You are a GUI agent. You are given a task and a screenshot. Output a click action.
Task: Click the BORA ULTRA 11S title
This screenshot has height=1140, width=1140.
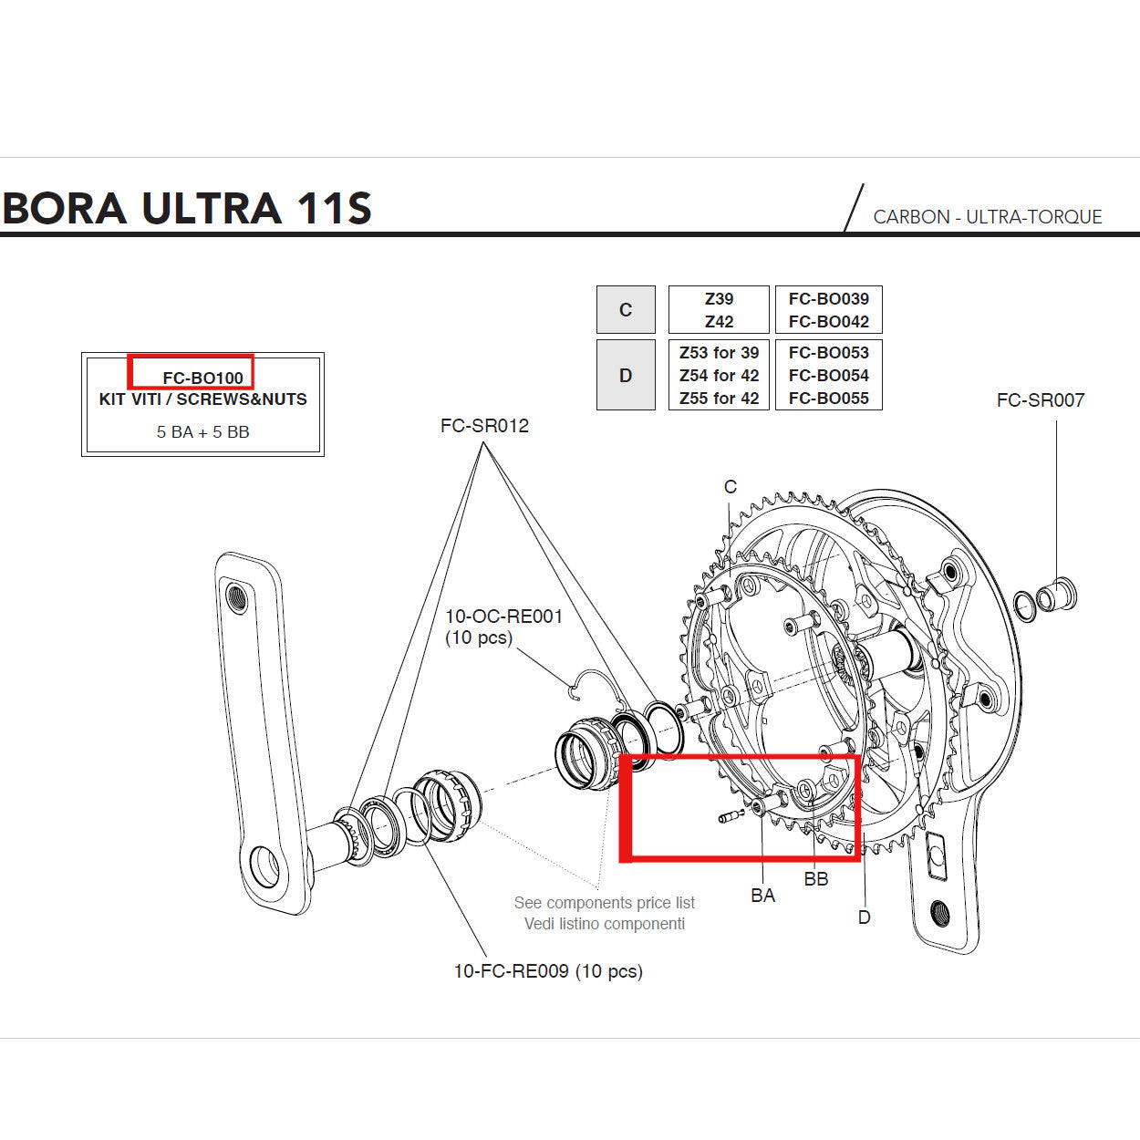(x=187, y=208)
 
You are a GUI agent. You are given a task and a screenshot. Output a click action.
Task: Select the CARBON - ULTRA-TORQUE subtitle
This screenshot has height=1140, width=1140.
(x=987, y=217)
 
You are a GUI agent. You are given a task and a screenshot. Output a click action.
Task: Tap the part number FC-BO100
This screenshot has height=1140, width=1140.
(x=202, y=378)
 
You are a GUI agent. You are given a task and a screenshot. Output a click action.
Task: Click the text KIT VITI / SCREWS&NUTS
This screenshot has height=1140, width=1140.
(x=202, y=399)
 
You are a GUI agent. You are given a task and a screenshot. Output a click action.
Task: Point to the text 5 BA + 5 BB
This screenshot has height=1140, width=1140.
(x=202, y=432)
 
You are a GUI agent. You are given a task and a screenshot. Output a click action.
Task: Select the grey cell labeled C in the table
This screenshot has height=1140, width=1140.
(x=626, y=310)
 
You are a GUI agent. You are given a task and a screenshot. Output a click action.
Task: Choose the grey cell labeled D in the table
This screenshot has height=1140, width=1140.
(x=626, y=376)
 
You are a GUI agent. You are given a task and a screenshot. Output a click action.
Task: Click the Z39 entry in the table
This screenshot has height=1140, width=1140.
(x=719, y=299)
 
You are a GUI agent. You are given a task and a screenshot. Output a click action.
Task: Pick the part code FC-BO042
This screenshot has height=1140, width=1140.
(x=828, y=322)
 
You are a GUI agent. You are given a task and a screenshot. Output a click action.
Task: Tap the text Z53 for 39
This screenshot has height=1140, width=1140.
(x=719, y=353)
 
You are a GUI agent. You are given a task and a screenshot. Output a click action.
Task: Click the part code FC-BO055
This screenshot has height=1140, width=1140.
(x=828, y=399)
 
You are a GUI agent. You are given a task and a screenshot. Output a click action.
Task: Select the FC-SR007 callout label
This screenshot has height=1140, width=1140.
(x=1040, y=400)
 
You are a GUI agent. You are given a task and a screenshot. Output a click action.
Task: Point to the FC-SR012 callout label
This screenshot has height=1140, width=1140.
(x=484, y=426)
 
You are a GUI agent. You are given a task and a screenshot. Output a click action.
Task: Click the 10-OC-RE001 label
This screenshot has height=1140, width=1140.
(x=503, y=617)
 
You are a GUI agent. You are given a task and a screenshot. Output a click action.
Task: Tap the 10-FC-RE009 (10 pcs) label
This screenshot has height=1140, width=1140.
(x=548, y=971)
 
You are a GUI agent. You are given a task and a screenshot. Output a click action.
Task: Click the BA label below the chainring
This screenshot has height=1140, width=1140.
(x=762, y=896)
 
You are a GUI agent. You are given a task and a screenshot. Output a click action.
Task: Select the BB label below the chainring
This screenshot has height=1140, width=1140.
(x=815, y=879)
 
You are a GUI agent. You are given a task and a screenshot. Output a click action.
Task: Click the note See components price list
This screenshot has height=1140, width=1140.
(x=604, y=903)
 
